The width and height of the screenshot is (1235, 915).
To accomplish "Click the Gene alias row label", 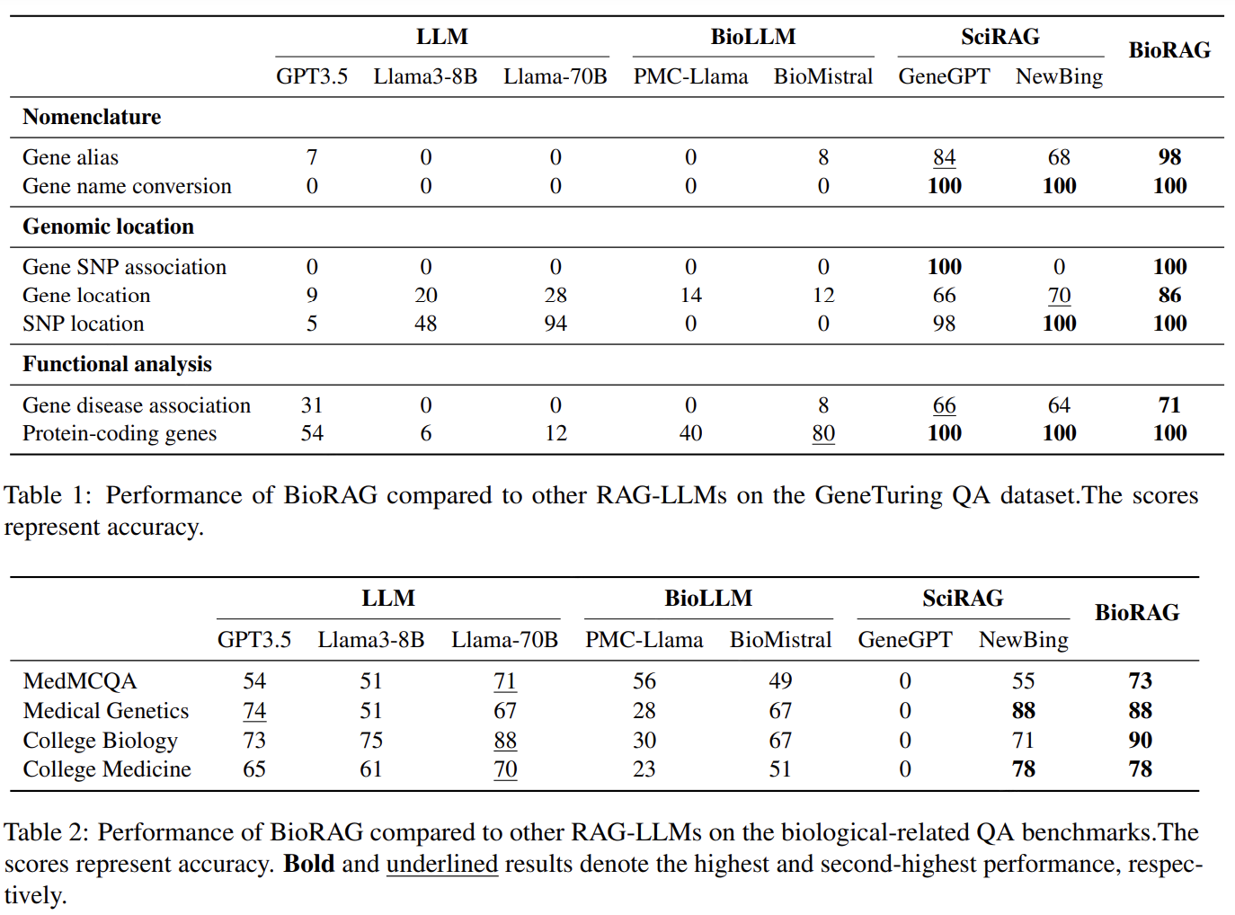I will pyautogui.click(x=70, y=157).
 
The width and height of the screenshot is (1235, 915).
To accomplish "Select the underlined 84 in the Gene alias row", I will pyautogui.click(x=944, y=157).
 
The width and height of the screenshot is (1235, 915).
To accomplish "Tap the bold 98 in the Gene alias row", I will pyautogui.click(x=1169, y=157).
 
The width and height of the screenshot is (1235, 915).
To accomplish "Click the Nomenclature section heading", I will pyautogui.click(x=92, y=117).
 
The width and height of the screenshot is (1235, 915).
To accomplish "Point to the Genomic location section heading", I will pyautogui.click(x=108, y=227).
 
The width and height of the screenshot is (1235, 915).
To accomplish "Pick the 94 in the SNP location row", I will pyautogui.click(x=555, y=324).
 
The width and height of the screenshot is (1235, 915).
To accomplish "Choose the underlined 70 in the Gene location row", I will pyautogui.click(x=1059, y=295).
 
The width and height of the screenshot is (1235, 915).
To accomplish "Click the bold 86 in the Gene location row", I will pyautogui.click(x=1169, y=295).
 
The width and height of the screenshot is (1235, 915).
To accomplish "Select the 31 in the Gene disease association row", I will pyautogui.click(x=312, y=405).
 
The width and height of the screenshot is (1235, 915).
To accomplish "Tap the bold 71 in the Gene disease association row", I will pyautogui.click(x=1169, y=405).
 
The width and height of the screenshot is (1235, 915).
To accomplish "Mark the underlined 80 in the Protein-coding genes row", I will pyautogui.click(x=823, y=433).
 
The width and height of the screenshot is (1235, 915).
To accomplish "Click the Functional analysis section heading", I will pyautogui.click(x=117, y=364).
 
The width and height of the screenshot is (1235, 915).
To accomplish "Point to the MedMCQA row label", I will pyautogui.click(x=80, y=681).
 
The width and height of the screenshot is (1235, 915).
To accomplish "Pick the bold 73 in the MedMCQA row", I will pyautogui.click(x=1140, y=681).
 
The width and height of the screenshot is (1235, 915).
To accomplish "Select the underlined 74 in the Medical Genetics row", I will pyautogui.click(x=254, y=711).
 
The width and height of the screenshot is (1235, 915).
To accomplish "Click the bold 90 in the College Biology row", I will pyautogui.click(x=1140, y=740).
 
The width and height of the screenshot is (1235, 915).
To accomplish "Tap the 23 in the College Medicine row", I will pyautogui.click(x=644, y=769).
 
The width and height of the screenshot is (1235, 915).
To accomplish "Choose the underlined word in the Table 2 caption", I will pyautogui.click(x=441, y=864).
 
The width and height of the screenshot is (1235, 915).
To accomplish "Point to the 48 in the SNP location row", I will pyautogui.click(x=426, y=324).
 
